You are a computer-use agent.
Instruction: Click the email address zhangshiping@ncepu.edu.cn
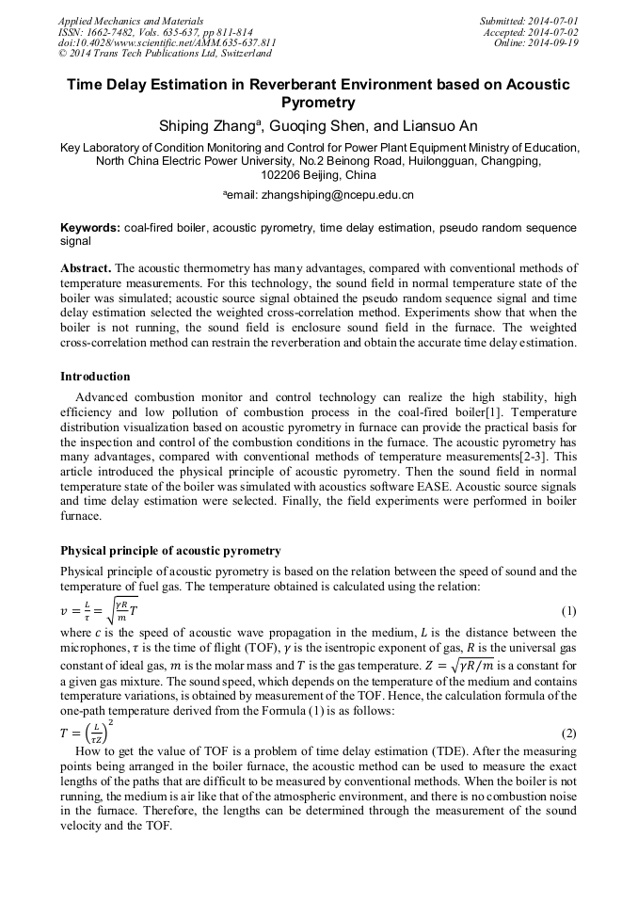327,195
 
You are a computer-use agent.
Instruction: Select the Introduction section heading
96,377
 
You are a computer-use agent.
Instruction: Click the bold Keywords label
90,228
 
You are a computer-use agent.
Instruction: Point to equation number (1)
568,611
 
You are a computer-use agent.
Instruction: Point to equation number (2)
568,733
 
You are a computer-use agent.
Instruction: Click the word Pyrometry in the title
319,103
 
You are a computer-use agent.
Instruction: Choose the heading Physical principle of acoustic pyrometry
170,551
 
